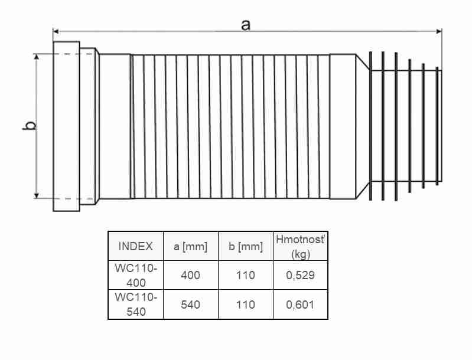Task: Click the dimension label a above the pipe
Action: coord(246,25)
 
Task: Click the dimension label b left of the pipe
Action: coord(30,126)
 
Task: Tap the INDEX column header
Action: coord(135,246)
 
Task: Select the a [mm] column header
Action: coord(191,247)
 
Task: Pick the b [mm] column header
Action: coord(246,247)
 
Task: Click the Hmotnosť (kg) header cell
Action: coord(301,247)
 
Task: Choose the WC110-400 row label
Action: coord(136,275)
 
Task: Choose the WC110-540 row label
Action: coord(136,304)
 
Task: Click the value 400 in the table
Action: coord(190,275)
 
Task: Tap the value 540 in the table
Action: coord(190,305)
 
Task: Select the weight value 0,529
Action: coord(300,276)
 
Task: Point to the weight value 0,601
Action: coord(300,305)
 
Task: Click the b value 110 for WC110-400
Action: coord(246,275)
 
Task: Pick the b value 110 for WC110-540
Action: coord(246,305)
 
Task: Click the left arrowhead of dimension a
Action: coord(56,31)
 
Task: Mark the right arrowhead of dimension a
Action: coord(439,31)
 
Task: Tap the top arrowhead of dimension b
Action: coord(37,57)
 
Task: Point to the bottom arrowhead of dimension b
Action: coord(37,195)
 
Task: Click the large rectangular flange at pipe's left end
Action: coord(67,126)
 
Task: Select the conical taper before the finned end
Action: coord(363,126)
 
